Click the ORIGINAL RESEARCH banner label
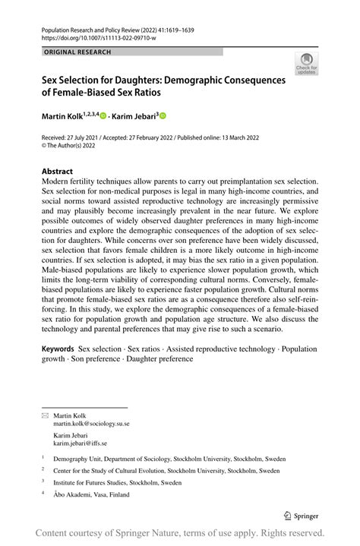point(78,52)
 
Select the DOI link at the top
point(99,37)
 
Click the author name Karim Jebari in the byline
point(133,116)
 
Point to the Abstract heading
point(58,172)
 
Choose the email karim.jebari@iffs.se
point(80,443)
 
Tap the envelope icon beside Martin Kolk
point(44,415)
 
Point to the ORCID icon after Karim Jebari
point(162,116)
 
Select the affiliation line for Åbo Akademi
point(91,494)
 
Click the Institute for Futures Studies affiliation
point(117,482)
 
